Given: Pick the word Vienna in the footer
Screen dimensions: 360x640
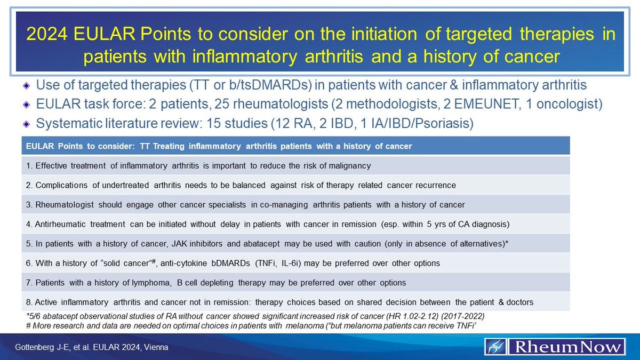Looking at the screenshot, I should point(157,347).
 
